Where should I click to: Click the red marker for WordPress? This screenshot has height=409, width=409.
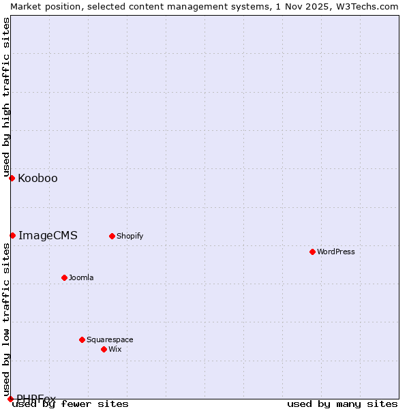(x=312, y=252)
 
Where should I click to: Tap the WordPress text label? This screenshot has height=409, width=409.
(x=336, y=252)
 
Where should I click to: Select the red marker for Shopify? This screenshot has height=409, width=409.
(x=112, y=236)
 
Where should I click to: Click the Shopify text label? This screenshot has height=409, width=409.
(x=130, y=236)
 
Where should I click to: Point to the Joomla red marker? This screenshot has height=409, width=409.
(x=64, y=277)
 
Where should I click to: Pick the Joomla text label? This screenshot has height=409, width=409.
(x=81, y=277)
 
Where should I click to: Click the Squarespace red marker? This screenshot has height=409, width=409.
(x=82, y=339)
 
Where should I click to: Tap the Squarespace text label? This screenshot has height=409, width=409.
(x=110, y=339)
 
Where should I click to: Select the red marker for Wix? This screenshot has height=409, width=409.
(x=104, y=349)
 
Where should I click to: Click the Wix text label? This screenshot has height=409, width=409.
(x=115, y=349)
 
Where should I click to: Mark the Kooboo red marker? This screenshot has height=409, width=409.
(x=12, y=178)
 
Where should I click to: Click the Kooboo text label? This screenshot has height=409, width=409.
(x=37, y=179)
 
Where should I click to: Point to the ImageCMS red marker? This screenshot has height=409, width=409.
(x=12, y=235)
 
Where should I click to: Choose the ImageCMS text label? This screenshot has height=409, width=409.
(x=48, y=236)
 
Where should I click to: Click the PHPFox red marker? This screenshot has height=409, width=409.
(x=10, y=399)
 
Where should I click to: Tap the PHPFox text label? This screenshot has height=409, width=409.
(x=36, y=398)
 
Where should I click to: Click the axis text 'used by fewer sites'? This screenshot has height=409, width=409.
(x=70, y=404)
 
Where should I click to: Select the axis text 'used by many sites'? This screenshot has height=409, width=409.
(x=342, y=404)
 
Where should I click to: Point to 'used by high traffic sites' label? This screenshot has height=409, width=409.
(x=6, y=97)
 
